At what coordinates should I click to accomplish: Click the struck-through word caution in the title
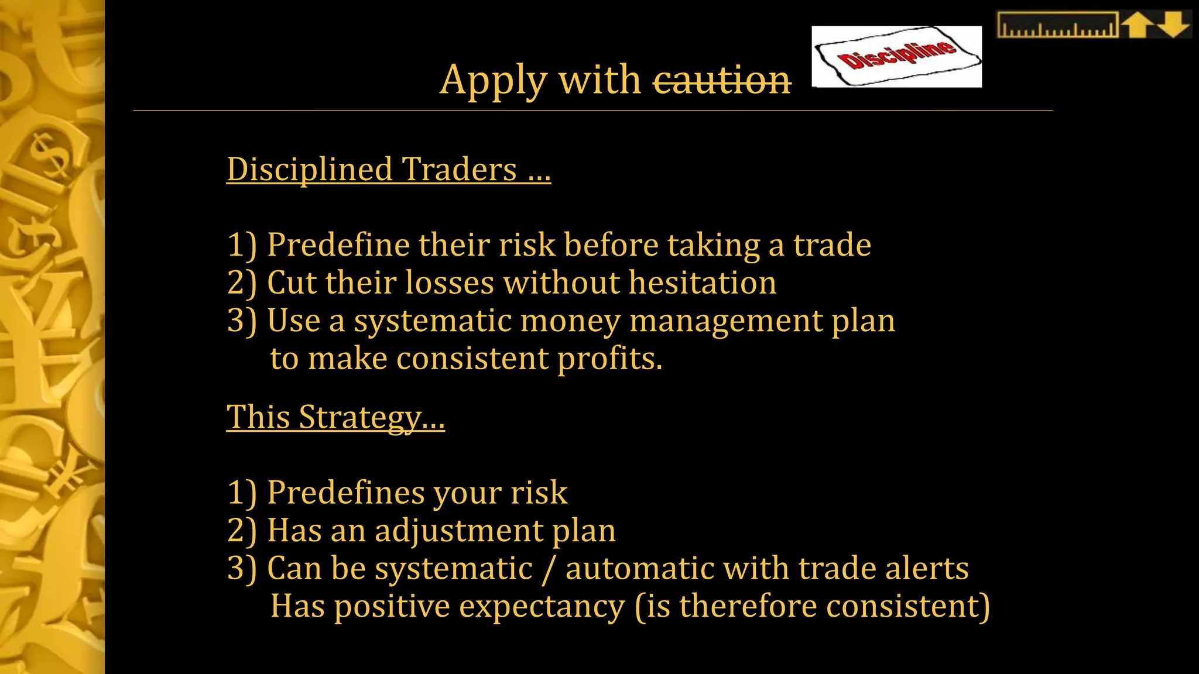point(722,80)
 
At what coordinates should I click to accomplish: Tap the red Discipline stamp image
point(896,57)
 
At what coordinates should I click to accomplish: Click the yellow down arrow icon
point(1173,25)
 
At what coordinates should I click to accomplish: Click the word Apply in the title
point(494,80)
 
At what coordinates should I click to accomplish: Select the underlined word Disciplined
point(309,169)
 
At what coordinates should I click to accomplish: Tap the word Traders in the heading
point(460,169)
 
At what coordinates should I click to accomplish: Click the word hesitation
point(703,283)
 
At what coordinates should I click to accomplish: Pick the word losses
point(450,283)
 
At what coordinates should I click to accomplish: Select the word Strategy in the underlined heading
point(371,418)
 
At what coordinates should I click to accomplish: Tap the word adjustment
point(459,531)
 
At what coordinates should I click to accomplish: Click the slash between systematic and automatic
point(549,569)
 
